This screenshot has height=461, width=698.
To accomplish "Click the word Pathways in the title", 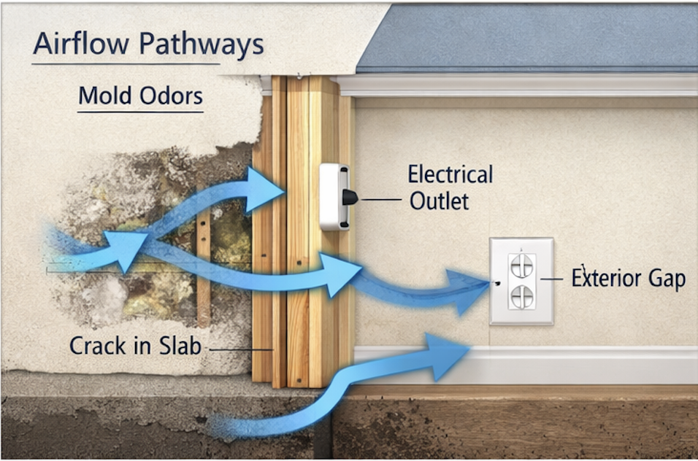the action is point(201,45).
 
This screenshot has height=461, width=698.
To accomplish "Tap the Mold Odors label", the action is point(140,96).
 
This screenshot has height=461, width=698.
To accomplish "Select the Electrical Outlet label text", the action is point(450,187).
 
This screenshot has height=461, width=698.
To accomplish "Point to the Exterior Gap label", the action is point(629,279).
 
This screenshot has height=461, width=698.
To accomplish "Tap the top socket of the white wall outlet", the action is point(522,266).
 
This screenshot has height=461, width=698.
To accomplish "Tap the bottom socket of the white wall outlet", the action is point(522,296).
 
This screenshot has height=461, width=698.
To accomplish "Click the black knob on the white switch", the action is point(349,197).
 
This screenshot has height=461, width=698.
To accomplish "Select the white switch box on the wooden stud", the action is point(333,196).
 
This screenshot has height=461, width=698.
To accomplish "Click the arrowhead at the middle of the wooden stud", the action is point(342,275).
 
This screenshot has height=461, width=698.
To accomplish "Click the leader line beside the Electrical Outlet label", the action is point(380,198).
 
